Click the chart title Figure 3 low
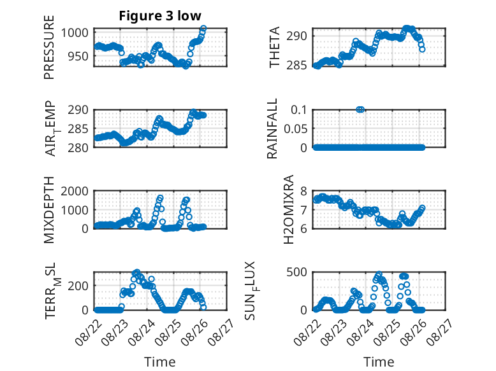click(160, 16)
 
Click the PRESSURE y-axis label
click(49, 47)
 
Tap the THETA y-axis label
click(275, 47)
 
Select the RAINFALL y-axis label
click(272, 129)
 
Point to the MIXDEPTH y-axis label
click(49, 209)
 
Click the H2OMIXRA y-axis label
click(289, 209)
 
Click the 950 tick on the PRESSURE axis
click(78, 56)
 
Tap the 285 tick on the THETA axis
click(296, 66)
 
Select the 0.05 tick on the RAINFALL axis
click(295, 129)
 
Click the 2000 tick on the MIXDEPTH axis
click(75, 191)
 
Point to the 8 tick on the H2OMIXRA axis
click(303, 191)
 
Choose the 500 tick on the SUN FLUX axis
click(296, 272)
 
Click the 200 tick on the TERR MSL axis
click(78, 286)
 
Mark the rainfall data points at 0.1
click(360, 109)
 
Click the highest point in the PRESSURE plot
click(203, 29)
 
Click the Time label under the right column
click(379, 362)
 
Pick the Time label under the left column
click(160, 362)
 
